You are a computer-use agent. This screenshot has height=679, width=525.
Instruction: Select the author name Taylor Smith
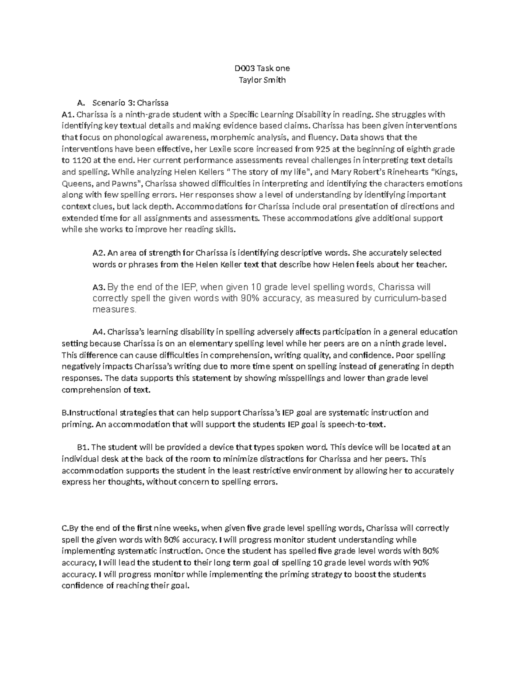click(262, 80)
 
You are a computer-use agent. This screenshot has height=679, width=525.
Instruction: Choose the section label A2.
click(99, 253)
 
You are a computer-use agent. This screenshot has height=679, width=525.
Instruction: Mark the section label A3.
click(99, 288)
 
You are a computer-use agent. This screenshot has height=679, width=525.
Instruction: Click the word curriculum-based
click(410, 299)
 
